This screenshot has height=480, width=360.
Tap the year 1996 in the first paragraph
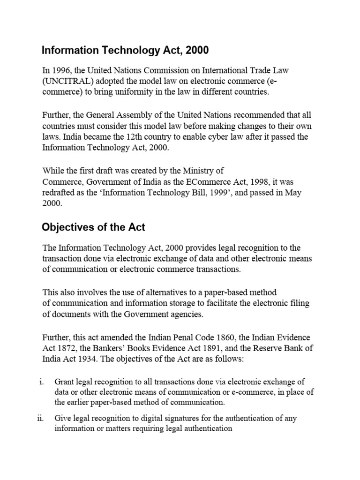pyautogui.click(x=59, y=71)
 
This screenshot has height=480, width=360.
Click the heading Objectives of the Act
pyautogui.click(x=93, y=227)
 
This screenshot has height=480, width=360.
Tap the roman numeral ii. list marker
pyautogui.click(x=40, y=418)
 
